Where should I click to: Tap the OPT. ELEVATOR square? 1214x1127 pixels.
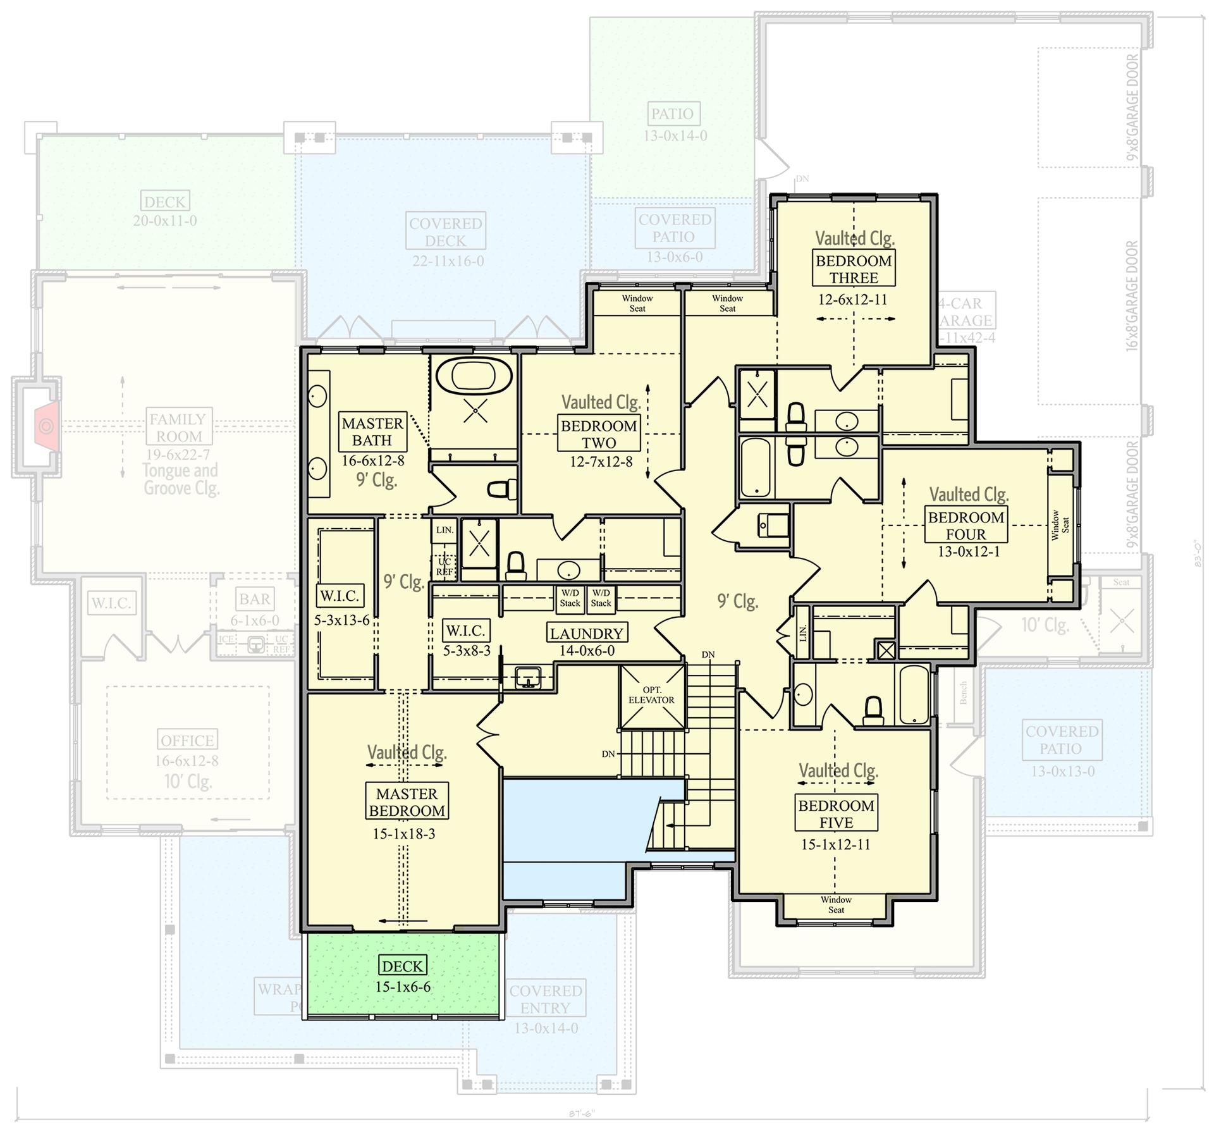(652, 696)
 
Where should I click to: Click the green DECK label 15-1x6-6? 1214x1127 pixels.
(403, 966)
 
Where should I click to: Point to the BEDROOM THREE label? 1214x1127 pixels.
(853, 269)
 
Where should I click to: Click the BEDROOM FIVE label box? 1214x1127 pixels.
(836, 813)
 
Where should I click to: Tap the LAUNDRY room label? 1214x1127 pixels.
(586, 633)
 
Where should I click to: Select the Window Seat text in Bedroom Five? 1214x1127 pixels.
(836, 904)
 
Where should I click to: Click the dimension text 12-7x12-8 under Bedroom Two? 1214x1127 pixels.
(601, 462)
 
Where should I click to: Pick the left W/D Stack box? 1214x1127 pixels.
(570, 598)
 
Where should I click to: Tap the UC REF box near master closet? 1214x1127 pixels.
(445, 567)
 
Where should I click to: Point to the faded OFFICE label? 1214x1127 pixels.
(187, 740)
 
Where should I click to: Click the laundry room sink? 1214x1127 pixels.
(527, 676)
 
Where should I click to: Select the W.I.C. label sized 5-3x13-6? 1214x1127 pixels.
(340, 596)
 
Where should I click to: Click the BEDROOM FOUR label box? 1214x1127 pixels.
(966, 525)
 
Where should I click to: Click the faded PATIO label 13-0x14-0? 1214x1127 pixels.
(672, 114)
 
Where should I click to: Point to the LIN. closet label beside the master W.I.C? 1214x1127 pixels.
(445, 530)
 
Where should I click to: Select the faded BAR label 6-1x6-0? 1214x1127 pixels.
(255, 598)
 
